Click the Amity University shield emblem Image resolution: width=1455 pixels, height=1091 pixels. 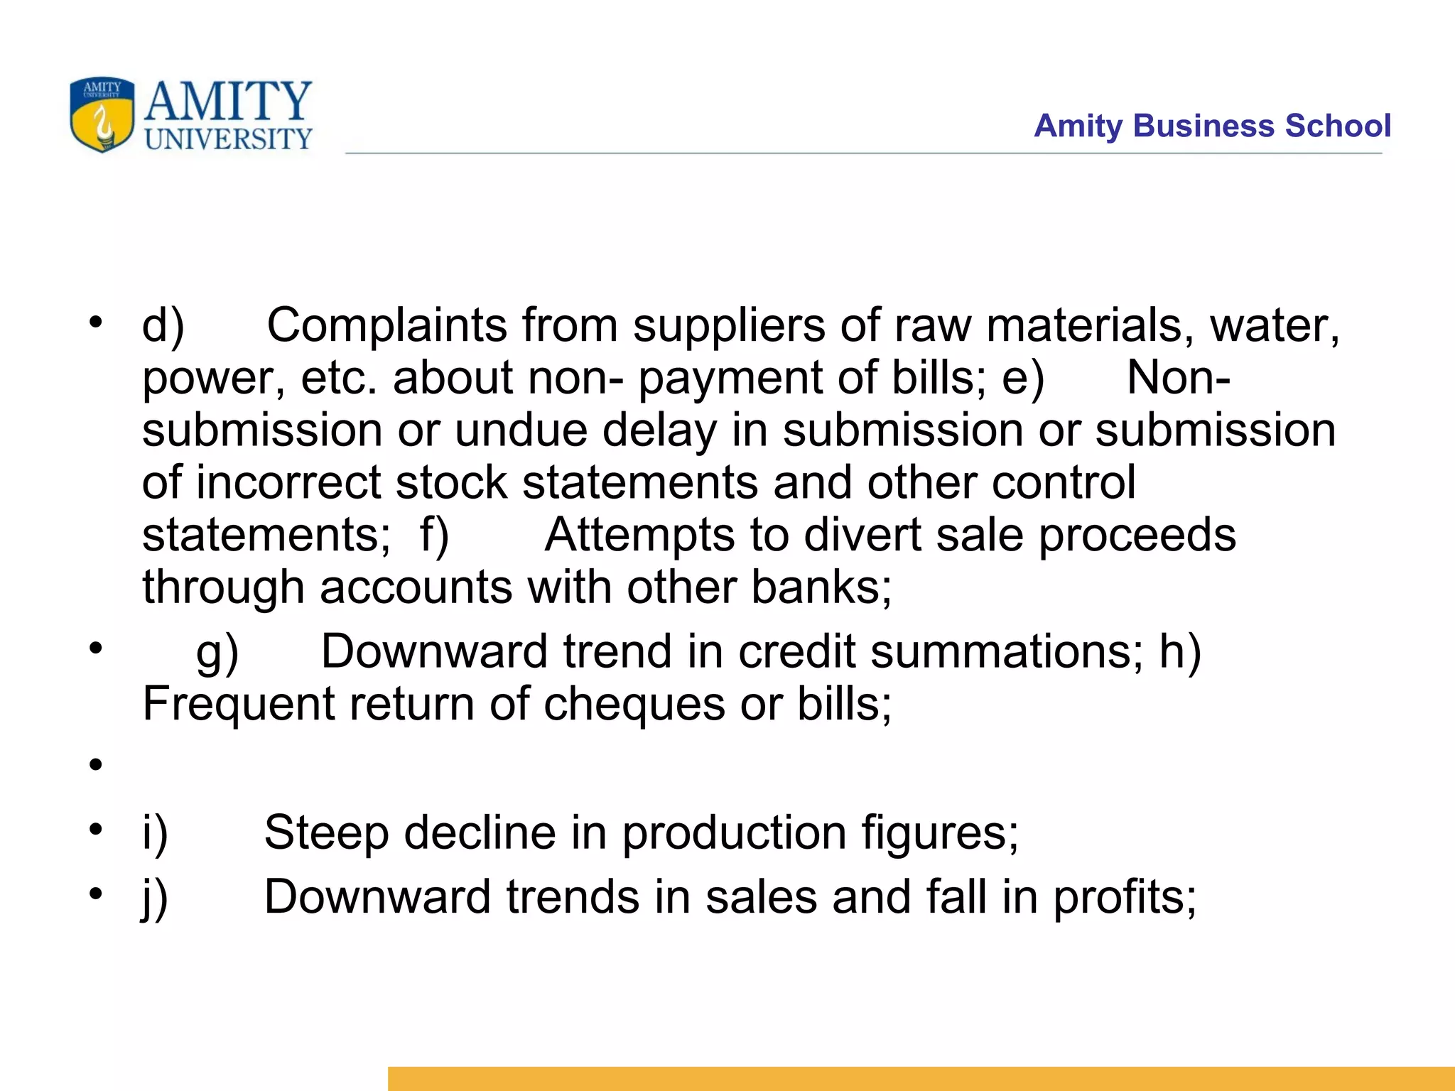click(x=102, y=114)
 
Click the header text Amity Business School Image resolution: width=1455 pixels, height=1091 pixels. click(x=1212, y=126)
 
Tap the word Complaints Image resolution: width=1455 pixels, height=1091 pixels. click(x=386, y=325)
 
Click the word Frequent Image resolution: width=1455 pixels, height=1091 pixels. click(x=238, y=705)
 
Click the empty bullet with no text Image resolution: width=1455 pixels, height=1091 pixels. click(x=96, y=765)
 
